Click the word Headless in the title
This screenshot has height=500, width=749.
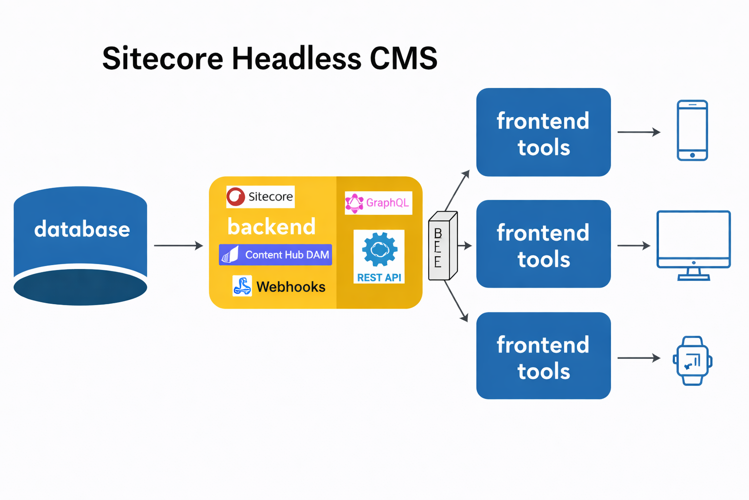pos(296,58)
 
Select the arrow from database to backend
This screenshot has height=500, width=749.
pos(178,246)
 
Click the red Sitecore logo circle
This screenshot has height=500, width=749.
pos(236,197)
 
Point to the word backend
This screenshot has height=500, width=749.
pos(271,227)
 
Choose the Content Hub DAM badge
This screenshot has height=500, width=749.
pos(275,255)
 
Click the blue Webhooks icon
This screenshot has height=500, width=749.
pos(242,286)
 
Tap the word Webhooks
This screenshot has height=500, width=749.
pos(291,287)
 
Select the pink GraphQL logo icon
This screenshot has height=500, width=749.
pos(354,203)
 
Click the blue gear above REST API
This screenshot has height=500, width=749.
pos(379,250)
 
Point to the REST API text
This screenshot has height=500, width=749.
pos(379,278)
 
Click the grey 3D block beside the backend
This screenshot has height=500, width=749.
pos(443,246)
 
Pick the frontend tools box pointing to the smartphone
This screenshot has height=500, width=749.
pos(543,132)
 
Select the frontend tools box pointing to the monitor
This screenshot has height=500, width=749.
pos(543,244)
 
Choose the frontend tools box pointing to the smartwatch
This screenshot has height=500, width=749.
pos(543,355)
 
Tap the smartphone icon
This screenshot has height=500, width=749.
pos(692,130)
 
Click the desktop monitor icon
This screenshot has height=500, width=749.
pos(693,246)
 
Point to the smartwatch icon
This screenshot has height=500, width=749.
pos(692,361)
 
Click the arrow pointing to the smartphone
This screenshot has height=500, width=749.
pos(639,132)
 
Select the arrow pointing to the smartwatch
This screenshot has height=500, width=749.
pos(639,358)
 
